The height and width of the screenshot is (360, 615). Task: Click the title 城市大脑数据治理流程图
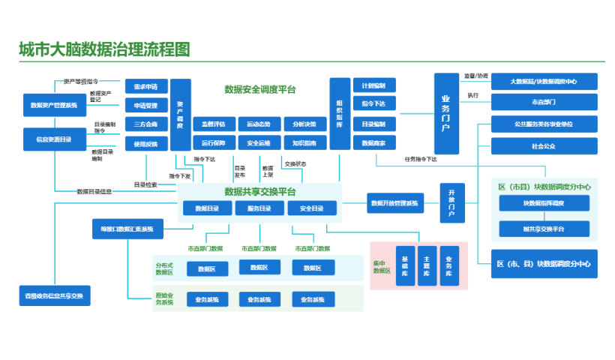coord(104,50)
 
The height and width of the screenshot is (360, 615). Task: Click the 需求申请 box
coord(145,85)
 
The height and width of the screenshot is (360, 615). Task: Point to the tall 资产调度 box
coord(180,115)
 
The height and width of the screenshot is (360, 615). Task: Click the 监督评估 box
coord(214,124)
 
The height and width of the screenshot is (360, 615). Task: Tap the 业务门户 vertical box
coord(445,113)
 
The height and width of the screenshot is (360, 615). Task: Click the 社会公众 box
coord(544,145)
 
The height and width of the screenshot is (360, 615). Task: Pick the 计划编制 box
coord(373,85)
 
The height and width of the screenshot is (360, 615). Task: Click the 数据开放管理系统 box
coord(394,203)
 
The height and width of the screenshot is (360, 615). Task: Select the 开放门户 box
coord(451,203)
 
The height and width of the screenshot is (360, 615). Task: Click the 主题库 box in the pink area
coord(426,265)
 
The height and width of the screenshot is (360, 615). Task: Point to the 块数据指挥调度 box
coord(544,203)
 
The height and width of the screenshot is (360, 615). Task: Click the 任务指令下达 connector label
coord(421,159)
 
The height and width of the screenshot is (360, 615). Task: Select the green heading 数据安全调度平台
coord(260,89)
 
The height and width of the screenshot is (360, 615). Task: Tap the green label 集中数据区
coord(382,266)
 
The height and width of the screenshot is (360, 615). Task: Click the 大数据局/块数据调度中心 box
coord(544,81)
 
